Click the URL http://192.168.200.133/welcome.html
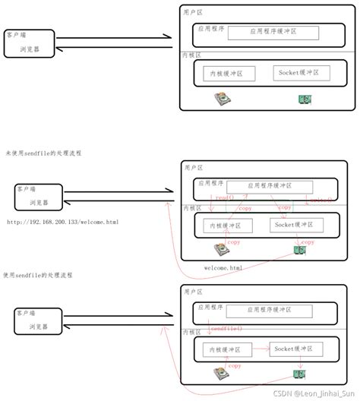tap(62, 222)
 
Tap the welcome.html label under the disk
tap(224, 268)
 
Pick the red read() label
tap(225, 197)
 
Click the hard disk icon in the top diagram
tap(221, 99)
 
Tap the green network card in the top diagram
tap(305, 99)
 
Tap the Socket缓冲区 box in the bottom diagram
tap(295, 348)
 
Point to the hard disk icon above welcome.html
tap(222, 250)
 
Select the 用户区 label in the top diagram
tap(194, 13)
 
